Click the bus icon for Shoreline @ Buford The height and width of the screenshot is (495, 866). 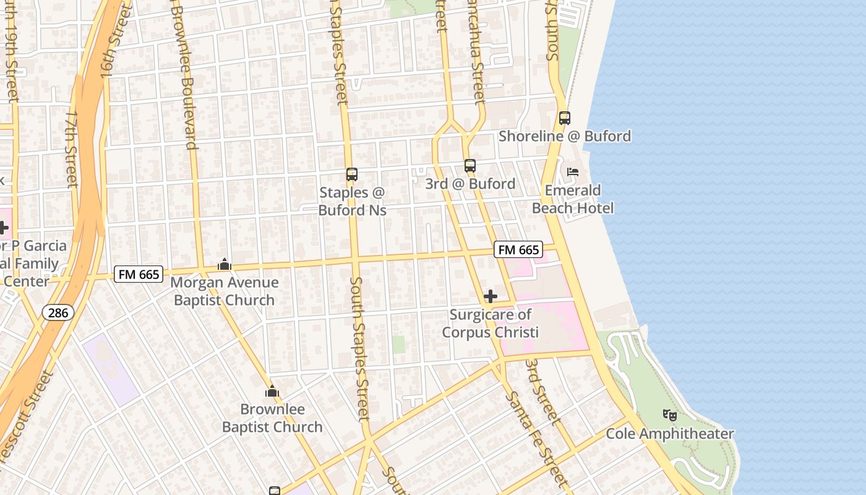[x=564, y=118]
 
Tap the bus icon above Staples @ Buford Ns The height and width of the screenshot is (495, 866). [x=352, y=175]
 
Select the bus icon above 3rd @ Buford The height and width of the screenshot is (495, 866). [x=470, y=166]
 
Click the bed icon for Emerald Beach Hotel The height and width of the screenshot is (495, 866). [x=573, y=172]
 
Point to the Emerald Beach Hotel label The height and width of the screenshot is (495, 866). [x=573, y=199]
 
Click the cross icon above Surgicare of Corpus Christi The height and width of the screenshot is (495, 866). [x=491, y=297]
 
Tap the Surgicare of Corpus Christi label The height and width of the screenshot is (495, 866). [x=491, y=324]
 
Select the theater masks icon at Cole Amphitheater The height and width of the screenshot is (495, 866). [x=669, y=415]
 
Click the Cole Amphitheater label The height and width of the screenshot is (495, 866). [x=669, y=434]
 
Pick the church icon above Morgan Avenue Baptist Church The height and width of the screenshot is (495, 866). [x=225, y=265]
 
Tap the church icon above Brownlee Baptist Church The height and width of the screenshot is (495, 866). [x=272, y=391]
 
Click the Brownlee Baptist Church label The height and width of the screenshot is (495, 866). [x=272, y=418]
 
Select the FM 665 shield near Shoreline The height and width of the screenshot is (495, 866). [x=518, y=250]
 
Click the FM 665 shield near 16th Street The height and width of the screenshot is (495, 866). [x=138, y=274]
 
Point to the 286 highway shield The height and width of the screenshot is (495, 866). [x=58, y=312]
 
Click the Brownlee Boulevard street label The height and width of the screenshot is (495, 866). [x=185, y=74]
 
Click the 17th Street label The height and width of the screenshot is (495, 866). [x=71, y=149]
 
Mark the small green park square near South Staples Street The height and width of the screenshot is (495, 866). [x=398, y=345]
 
